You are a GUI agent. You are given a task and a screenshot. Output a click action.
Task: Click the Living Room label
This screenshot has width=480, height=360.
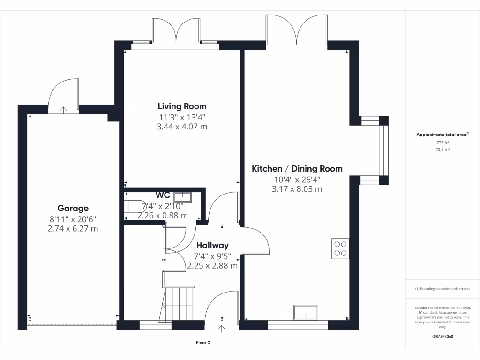[x=182, y=106]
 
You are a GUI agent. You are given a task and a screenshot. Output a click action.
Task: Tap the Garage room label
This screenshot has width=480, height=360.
[x=73, y=208]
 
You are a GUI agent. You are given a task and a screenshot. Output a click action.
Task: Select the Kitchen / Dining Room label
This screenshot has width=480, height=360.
[x=297, y=169]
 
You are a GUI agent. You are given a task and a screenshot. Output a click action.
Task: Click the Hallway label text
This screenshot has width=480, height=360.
[x=212, y=245]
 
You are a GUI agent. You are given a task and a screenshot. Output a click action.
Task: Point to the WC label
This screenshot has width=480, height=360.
[x=163, y=195]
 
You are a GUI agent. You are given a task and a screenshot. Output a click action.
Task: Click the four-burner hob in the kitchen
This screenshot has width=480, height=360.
[x=340, y=248]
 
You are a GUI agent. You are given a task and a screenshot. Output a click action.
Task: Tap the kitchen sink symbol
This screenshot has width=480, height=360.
[x=306, y=311]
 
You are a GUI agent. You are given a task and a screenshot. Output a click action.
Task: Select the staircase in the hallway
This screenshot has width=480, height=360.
[x=180, y=302]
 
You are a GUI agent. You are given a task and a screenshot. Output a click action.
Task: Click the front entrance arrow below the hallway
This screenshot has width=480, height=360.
[x=222, y=328]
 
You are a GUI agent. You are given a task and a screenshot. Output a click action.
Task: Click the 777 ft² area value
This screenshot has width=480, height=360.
[x=442, y=142]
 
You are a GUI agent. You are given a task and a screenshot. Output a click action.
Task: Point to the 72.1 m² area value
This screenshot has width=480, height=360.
[x=442, y=150]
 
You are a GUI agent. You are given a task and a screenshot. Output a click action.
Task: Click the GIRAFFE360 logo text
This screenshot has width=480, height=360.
[x=442, y=336]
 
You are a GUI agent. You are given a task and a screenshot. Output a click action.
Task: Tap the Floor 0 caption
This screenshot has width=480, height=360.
[x=203, y=343]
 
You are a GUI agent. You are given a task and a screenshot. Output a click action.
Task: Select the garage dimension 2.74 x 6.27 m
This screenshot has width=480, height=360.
[x=73, y=229]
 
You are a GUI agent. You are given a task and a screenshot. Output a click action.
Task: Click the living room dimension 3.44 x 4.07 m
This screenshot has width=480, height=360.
[x=182, y=127]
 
